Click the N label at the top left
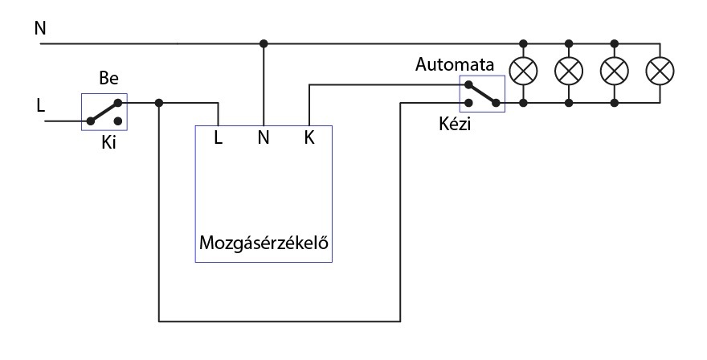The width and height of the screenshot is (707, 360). coord(40,29)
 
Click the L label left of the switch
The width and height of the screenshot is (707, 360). coord(40,104)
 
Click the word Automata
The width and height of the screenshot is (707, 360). coord(455,64)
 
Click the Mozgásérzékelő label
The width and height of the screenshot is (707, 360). coord(265,242)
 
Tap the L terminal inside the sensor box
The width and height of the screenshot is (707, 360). coord(219,137)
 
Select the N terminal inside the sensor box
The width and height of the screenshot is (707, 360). coord(263,137)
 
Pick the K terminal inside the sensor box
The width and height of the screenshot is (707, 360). coord(309,137)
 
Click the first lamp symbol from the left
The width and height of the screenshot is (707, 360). coord(524,72)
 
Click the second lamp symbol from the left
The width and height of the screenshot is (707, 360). coord(569,72)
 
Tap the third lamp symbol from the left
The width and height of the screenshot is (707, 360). coord(615,72)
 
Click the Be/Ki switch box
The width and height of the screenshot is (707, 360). coord(104,112)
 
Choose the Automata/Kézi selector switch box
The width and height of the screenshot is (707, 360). coord(481,94)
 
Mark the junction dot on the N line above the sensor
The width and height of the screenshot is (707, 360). coord(263,43)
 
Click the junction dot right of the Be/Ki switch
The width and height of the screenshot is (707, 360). coord(160,103)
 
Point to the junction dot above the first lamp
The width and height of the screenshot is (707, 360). coord(524,43)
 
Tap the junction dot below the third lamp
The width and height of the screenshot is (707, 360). coord(615,103)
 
